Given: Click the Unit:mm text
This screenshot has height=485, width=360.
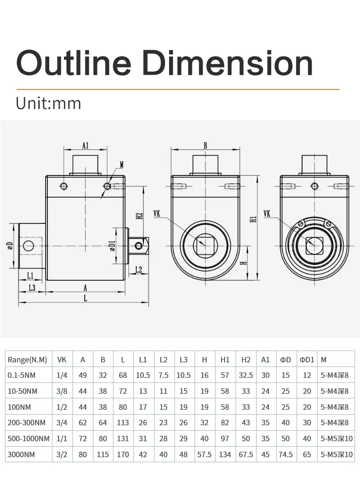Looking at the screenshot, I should tap(48, 103).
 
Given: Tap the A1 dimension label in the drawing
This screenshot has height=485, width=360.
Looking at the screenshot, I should tap(85, 146).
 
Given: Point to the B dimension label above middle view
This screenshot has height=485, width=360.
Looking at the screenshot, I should tap(206, 146).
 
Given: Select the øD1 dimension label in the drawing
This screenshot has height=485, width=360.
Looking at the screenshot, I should tap(113, 246).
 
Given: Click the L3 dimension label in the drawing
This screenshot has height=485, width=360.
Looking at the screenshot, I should tap(32, 288).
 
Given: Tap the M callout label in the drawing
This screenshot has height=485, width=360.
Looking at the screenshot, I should tap(121, 165).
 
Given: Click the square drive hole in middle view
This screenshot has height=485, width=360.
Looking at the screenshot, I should tap(205, 246).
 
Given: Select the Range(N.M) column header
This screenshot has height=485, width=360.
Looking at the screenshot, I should tap(27, 360).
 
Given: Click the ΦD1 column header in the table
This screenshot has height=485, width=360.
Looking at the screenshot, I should tap(307, 360).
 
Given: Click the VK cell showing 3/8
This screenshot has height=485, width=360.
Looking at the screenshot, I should tap(62, 391).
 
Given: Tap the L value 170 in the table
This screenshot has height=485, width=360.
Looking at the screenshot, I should tap(123, 454).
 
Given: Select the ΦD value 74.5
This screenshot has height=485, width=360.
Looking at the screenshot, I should tap(285, 454).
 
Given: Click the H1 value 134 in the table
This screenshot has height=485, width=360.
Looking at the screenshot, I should tap(225, 454).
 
